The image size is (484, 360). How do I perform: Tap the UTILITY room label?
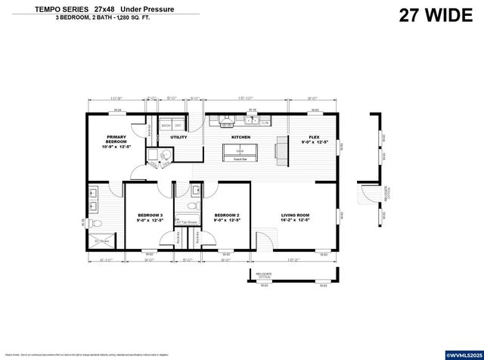[178, 138]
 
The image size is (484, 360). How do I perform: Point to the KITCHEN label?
[240, 137]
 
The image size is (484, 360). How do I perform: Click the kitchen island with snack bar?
[240, 154]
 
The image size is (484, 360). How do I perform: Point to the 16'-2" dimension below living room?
[292, 259]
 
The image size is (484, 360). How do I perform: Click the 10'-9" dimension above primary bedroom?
[116, 98]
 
